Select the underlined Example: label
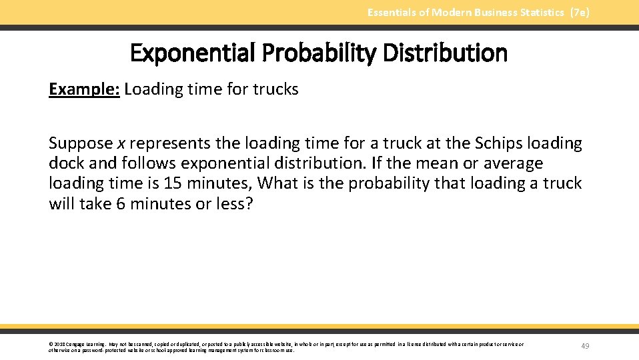click(84, 89)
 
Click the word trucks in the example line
click(275, 89)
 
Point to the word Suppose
click(81, 144)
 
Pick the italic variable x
click(121, 144)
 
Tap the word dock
click(65, 164)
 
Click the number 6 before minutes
click(121, 203)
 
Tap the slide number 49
click(585, 346)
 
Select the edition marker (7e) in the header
click(580, 13)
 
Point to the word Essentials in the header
click(392, 13)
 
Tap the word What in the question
click(277, 183)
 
